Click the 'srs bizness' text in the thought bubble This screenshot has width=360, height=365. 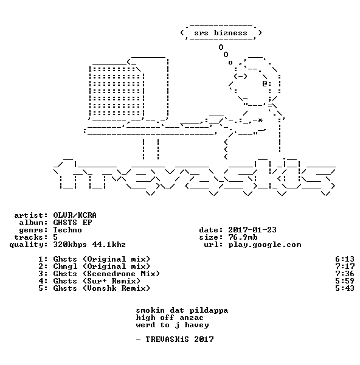(x=221, y=33)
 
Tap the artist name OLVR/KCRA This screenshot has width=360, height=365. (x=75, y=215)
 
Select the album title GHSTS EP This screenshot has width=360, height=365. (x=72, y=223)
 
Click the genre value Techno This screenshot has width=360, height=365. (x=67, y=230)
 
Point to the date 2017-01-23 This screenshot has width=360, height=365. (x=252, y=230)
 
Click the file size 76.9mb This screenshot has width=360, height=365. (x=243, y=237)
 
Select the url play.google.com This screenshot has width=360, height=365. (x=265, y=245)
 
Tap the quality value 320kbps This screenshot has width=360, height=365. (x=70, y=245)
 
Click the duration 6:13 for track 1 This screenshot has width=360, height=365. (x=345, y=259)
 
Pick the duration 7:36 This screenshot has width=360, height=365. (x=345, y=274)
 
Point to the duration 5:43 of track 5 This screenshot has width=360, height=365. (x=345, y=288)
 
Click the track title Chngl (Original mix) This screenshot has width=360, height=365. (x=102, y=266)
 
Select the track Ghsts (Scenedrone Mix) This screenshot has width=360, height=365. (x=106, y=274)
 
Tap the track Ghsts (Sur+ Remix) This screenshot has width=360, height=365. (x=97, y=281)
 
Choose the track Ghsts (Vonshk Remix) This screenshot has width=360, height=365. (x=102, y=288)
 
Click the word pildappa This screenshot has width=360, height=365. (x=209, y=311)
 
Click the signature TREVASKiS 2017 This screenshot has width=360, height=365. (x=179, y=339)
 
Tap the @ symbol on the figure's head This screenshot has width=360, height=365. (x=265, y=83)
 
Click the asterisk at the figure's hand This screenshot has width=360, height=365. (x=260, y=120)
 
